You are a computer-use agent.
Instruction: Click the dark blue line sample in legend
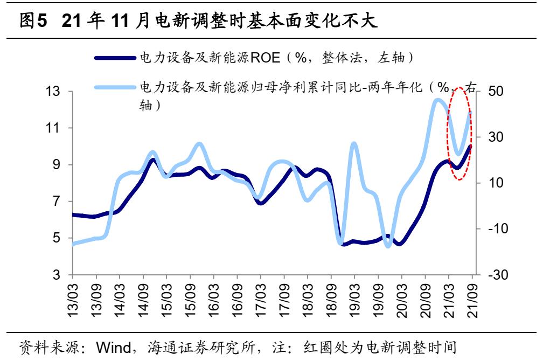pos(115,57)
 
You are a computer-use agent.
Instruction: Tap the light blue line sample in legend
pos(115,86)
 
